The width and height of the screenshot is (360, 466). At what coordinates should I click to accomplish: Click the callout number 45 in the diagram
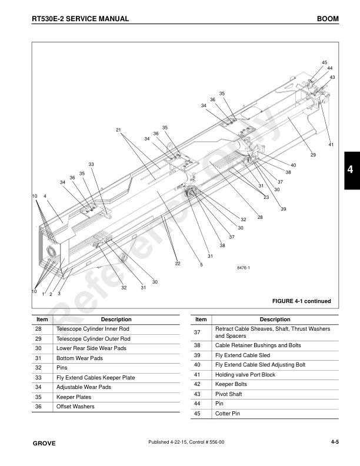click(x=324, y=62)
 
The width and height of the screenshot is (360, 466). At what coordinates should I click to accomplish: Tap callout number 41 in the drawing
click(x=331, y=145)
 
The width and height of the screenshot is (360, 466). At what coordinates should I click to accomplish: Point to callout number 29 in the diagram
click(x=313, y=155)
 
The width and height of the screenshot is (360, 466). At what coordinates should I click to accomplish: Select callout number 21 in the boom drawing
click(x=118, y=130)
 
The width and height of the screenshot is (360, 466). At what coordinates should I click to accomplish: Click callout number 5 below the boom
click(x=201, y=265)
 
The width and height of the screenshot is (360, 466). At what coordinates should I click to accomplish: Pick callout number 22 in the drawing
click(x=178, y=263)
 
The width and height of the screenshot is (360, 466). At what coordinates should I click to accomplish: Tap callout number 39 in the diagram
click(x=283, y=209)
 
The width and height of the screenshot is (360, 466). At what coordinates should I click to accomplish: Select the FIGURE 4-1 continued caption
click(x=301, y=301)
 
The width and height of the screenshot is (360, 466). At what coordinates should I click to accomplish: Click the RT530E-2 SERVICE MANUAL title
click(x=81, y=19)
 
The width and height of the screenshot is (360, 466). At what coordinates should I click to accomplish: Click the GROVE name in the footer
click(x=44, y=443)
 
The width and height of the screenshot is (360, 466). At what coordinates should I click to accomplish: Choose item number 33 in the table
click(x=39, y=377)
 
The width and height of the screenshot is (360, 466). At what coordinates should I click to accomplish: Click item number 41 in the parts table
click(x=198, y=375)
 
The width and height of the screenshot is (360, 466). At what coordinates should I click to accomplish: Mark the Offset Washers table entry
click(x=75, y=406)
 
